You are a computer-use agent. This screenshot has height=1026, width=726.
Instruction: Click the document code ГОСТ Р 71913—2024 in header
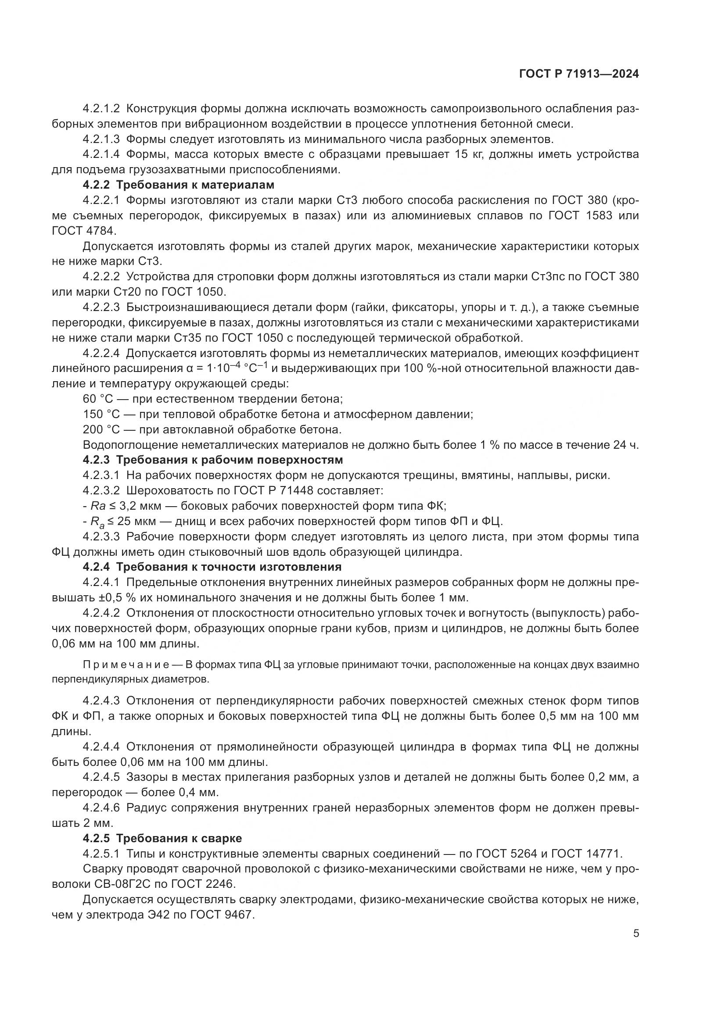(x=579, y=75)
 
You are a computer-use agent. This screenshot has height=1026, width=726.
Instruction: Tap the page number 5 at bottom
(x=636, y=933)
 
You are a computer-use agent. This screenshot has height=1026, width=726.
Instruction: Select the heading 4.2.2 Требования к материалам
(x=178, y=185)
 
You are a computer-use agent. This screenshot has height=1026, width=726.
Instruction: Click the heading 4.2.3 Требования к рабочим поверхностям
(x=213, y=460)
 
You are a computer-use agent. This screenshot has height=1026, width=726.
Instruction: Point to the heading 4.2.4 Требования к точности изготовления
(x=212, y=567)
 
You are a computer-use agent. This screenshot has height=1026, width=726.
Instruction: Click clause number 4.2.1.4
(x=101, y=154)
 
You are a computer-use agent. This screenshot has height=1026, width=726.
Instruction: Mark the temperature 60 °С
(x=98, y=399)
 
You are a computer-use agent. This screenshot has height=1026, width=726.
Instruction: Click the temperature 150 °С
(x=101, y=414)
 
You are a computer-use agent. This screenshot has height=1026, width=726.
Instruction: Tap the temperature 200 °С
(x=101, y=429)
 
